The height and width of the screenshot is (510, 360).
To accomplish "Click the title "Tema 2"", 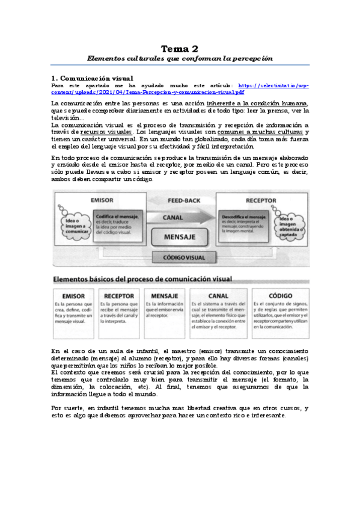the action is click(180, 48).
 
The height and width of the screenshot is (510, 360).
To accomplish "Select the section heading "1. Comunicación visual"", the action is click(92, 78).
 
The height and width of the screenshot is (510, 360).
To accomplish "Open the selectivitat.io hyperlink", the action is click(180, 89).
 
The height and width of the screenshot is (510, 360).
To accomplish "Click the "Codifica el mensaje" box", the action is click(118, 224).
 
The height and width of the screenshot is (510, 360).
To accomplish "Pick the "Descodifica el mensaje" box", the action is click(240, 224).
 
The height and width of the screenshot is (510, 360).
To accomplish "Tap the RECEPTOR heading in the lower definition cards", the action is click(119, 296).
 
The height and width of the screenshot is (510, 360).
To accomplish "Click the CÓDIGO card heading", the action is click(281, 296).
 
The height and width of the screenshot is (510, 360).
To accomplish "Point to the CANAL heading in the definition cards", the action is click(218, 296).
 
